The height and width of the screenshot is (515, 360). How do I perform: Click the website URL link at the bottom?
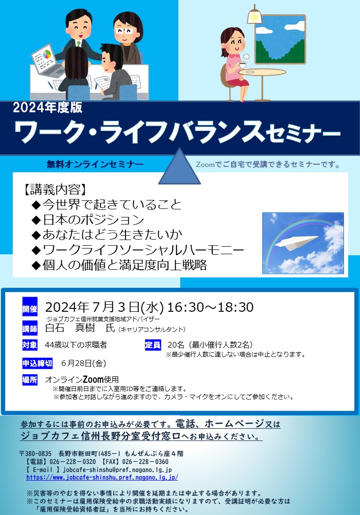click(102, 477)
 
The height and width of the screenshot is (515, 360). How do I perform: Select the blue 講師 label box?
click(30, 329)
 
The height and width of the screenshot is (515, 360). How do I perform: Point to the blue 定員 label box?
click(153, 345)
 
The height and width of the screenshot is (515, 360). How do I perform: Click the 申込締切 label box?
click(37, 363)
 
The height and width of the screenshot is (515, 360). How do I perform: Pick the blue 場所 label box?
click(30, 380)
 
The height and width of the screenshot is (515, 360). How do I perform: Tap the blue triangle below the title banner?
click(179, 166)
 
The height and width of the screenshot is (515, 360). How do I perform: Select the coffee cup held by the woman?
click(243, 65)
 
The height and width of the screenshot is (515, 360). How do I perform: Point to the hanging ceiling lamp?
click(254, 15)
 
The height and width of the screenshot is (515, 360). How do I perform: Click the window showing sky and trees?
click(280, 39)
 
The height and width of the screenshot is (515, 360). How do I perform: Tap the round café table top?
click(262, 72)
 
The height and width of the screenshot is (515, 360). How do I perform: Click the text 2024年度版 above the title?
click(48, 108)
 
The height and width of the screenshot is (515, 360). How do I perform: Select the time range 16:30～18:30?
click(210, 307)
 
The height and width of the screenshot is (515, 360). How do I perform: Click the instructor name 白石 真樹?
click(70, 327)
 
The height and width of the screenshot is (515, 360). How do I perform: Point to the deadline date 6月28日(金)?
click(84, 363)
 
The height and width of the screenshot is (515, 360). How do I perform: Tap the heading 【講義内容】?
click(55, 190)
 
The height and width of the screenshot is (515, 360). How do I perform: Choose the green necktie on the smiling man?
click(78, 43)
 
